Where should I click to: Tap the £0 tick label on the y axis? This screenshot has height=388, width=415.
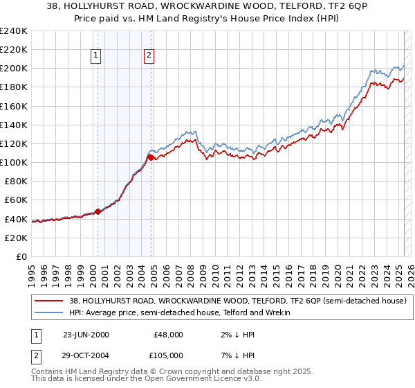click(x=21, y=256)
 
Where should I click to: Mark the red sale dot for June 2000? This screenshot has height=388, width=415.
click(x=98, y=211)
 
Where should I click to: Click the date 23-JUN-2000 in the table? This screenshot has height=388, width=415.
click(x=86, y=334)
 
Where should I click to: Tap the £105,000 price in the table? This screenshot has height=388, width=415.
click(x=168, y=355)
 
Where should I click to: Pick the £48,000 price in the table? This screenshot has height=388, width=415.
click(x=168, y=334)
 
